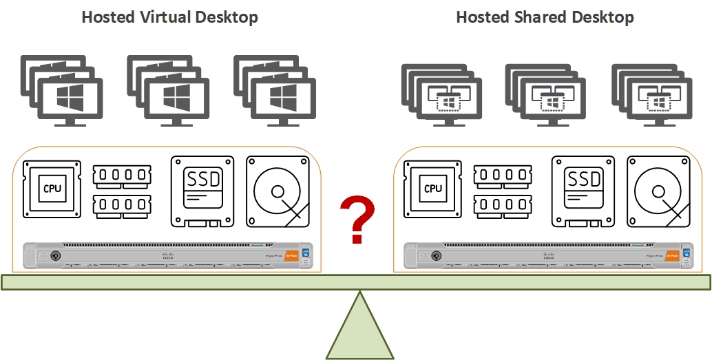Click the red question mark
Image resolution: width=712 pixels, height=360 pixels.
357,219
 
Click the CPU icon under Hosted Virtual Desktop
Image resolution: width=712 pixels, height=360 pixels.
52,188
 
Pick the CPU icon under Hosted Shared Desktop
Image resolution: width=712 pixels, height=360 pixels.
432,188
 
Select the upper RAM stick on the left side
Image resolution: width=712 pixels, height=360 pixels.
122,176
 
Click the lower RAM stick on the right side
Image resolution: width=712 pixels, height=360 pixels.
503,205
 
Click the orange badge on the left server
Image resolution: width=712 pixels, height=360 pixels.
291,255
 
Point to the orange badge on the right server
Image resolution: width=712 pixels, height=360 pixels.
671,255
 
